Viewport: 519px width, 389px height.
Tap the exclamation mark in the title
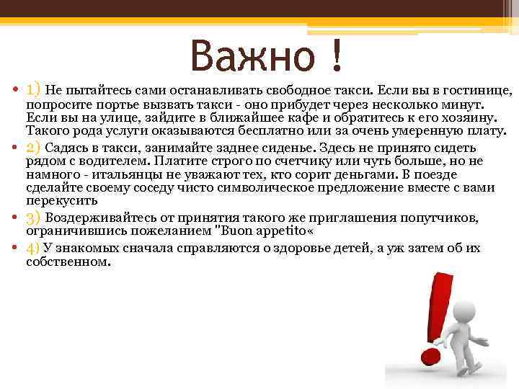[x=336, y=57]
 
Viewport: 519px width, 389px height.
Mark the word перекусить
[x=60, y=202]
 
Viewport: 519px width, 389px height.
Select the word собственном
[x=68, y=263]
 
